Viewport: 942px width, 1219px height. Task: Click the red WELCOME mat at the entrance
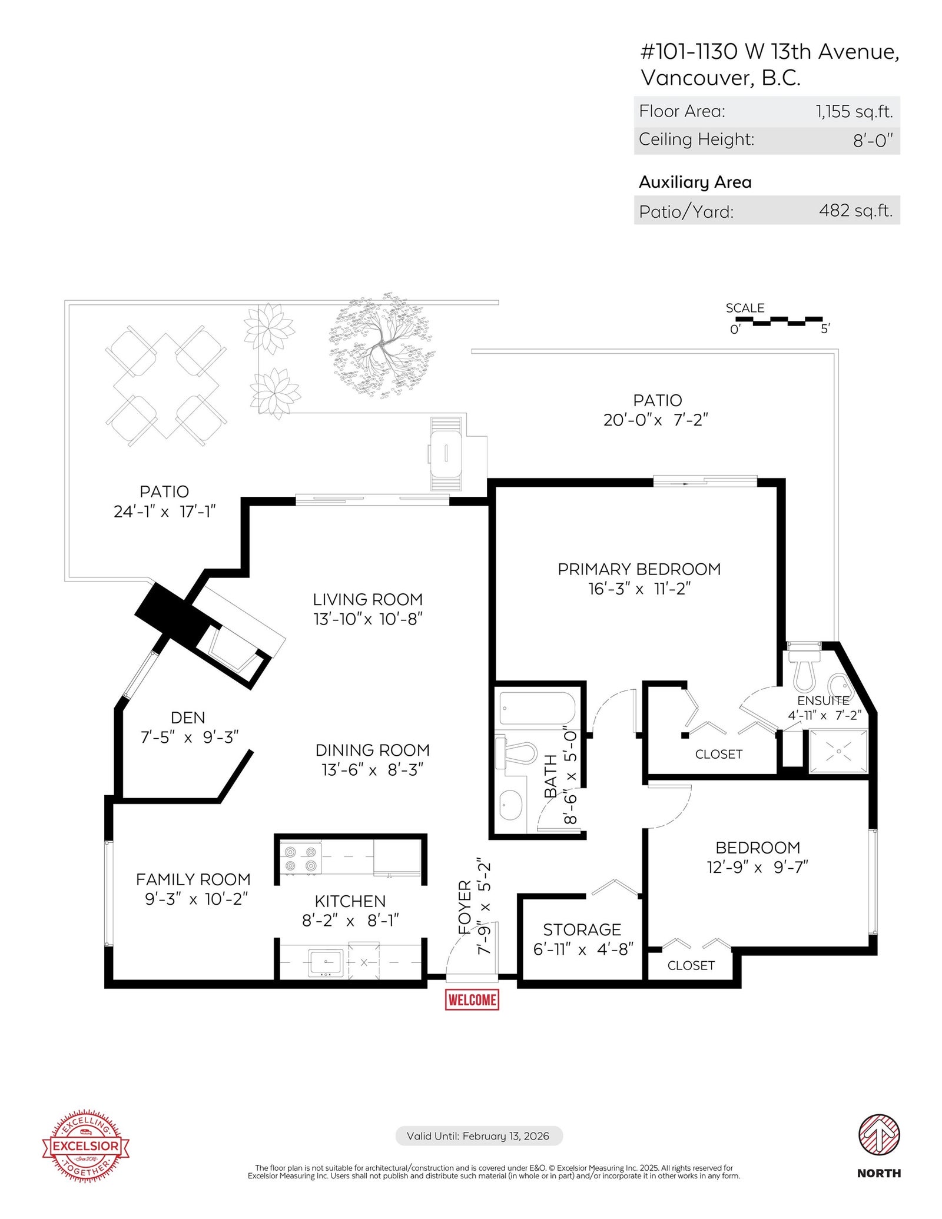pyautogui.click(x=472, y=999)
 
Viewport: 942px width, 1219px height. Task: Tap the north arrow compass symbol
pyautogui.click(x=878, y=1135)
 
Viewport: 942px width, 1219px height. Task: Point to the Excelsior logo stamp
pyautogui.click(x=86, y=1145)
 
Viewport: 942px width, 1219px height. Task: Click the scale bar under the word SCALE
pyautogui.click(x=779, y=321)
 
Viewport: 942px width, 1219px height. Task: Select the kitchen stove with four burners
pyautogui.click(x=300, y=859)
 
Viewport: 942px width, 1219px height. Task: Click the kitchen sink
pyautogui.click(x=326, y=963)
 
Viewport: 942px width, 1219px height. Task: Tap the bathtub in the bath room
pyautogui.click(x=537, y=709)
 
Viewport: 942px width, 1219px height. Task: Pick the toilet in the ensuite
pyautogui.click(x=805, y=667)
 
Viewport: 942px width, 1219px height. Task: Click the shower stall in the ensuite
pyautogui.click(x=838, y=751)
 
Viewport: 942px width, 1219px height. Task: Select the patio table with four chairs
pyautogui.click(x=166, y=386)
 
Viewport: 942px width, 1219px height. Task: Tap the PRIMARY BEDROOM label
pyautogui.click(x=639, y=569)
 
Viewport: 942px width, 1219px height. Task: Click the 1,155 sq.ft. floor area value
pyautogui.click(x=854, y=111)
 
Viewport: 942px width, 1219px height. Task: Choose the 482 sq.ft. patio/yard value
pyautogui.click(x=856, y=210)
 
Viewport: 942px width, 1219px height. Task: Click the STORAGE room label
pyautogui.click(x=582, y=929)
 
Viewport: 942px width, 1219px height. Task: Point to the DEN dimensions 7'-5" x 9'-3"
pyautogui.click(x=190, y=737)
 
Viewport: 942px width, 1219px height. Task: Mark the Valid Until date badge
pyautogui.click(x=479, y=1135)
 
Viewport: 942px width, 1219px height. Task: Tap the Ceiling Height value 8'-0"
pyautogui.click(x=873, y=141)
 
